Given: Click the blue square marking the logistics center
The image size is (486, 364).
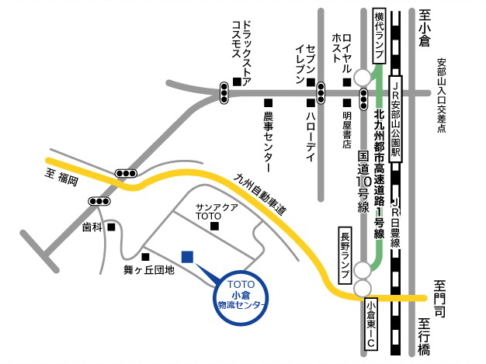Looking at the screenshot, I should [187, 257].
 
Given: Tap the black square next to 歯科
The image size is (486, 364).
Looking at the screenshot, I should [112, 227].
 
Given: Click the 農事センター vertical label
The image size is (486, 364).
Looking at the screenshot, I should [269, 140].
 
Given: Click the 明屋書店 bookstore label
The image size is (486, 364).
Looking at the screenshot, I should [347, 129].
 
